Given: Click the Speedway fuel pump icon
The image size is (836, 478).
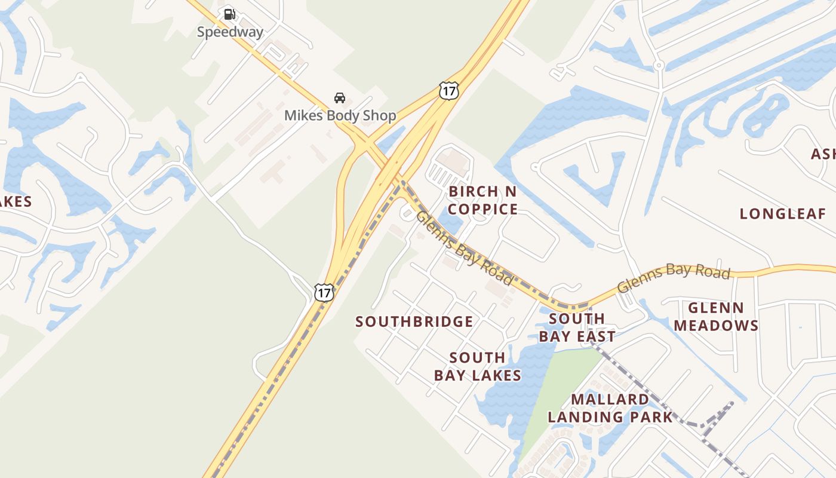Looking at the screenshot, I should pos(229,14).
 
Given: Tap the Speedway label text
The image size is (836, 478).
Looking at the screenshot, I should pos(230,32).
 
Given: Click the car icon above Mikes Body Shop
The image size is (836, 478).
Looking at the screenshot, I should pos(339,97).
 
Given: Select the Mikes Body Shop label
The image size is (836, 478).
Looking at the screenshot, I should pos(340,115).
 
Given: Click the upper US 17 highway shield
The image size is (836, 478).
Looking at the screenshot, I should pos(448,91).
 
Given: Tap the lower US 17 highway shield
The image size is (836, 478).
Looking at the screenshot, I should pos(324,292).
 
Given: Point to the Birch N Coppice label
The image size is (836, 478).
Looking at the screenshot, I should pos(482,200).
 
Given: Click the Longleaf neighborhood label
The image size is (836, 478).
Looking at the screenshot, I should pos(783,214).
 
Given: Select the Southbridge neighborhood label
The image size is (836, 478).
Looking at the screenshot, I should pos(414,322).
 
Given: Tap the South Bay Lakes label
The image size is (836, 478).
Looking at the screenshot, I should pos(477,366).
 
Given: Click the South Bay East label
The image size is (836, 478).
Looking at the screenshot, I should pos(577,327).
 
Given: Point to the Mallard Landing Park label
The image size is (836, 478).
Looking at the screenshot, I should pos(610,408).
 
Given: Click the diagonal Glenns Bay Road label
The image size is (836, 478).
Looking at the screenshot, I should pos(464,247).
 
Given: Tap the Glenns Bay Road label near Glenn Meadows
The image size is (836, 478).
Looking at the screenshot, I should pos(674,278).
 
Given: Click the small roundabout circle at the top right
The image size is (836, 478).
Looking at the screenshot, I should pos(659,65).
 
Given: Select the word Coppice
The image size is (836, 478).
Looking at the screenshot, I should pos(482,209).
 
